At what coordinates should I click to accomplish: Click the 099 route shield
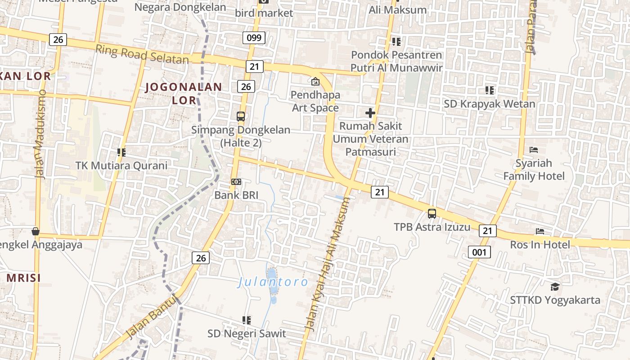tap(254, 37)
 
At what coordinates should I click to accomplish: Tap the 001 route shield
tap(479, 252)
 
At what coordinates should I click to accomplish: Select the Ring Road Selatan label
tap(142, 54)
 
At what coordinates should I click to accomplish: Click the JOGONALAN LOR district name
tap(184, 93)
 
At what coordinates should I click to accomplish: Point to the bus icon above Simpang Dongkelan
tap(241, 117)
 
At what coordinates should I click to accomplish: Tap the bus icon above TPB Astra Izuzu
tap(432, 214)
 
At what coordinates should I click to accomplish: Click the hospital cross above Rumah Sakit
tap(370, 112)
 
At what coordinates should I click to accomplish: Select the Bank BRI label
tap(236, 195)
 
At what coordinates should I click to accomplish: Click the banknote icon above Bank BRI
tap(236, 182)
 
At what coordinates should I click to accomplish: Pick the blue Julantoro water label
tap(273, 283)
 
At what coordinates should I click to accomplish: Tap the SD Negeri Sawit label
tap(247, 333)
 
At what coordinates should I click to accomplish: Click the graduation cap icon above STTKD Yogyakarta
tap(555, 287)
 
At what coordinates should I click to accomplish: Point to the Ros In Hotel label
tap(540, 245)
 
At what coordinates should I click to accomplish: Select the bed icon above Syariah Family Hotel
tap(534, 149)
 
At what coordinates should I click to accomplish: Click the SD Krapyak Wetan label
tap(490, 104)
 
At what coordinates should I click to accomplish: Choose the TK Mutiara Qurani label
tap(121, 165)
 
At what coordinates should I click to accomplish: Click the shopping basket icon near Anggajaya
tap(35, 231)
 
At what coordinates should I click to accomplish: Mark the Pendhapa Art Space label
tap(315, 101)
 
